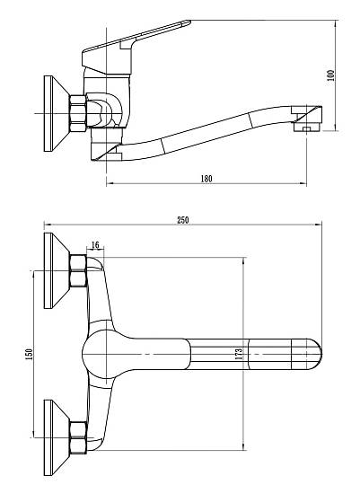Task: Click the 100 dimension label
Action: click(331, 75)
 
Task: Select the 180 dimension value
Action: click(206, 179)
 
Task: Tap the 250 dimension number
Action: click(183, 220)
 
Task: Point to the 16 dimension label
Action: click(95, 245)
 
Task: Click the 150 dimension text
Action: click(29, 355)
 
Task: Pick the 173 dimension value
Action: click(239, 354)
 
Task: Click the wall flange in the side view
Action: click(56, 113)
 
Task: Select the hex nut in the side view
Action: click(77, 113)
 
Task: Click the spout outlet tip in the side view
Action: click(307, 119)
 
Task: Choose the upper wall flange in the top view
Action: click(56, 270)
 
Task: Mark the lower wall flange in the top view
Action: click(56, 437)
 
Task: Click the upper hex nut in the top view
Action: click(78, 270)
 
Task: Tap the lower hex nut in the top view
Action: click(78, 437)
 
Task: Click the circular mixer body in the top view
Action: click(103, 354)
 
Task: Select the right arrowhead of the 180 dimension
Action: click(303, 183)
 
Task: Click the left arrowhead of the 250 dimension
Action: click(48, 225)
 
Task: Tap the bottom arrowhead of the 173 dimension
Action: click(244, 446)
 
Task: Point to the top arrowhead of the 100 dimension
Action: click(335, 24)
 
